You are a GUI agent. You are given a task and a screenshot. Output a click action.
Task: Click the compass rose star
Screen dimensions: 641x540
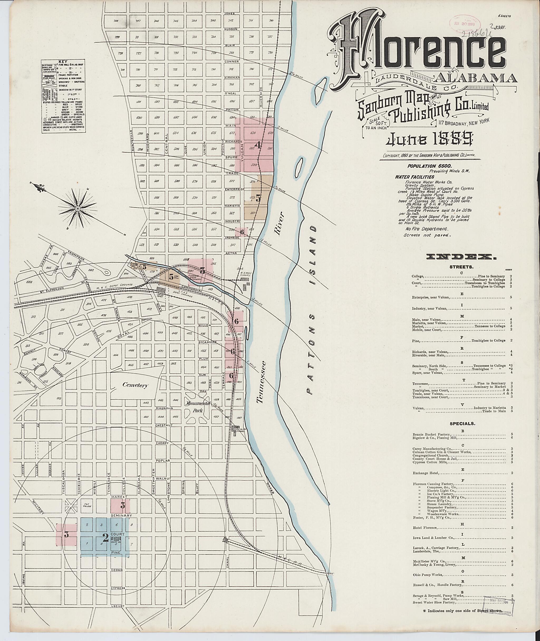(x=78, y=208)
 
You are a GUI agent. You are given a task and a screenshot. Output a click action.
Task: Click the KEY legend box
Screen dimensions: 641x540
(x=63, y=96)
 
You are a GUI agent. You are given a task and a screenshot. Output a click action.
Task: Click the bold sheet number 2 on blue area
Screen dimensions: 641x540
(x=105, y=538)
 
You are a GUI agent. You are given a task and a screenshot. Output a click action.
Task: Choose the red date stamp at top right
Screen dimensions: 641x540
(x=465, y=23)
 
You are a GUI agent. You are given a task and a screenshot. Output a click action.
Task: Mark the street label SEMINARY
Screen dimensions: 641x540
(x=122, y=516)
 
